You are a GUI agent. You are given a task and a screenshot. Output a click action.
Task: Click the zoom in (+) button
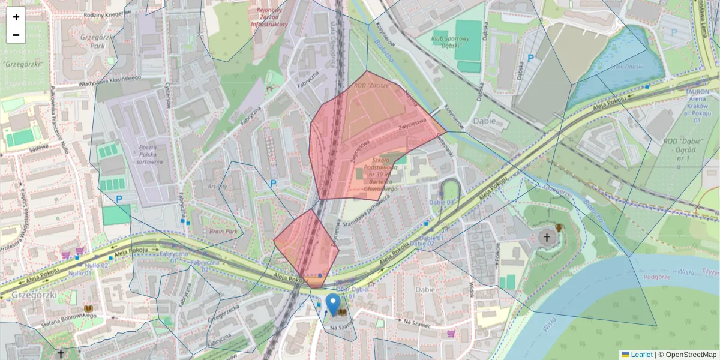tap(16, 17)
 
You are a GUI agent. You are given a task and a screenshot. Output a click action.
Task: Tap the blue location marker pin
tap(332, 304)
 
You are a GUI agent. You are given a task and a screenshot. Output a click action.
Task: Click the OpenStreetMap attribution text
tap(687, 355)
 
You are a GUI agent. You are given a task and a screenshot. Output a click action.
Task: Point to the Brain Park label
tap(223, 231)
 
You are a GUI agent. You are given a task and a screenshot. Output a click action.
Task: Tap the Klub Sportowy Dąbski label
tap(450, 41)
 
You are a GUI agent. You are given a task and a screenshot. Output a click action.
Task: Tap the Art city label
tap(217, 187)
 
